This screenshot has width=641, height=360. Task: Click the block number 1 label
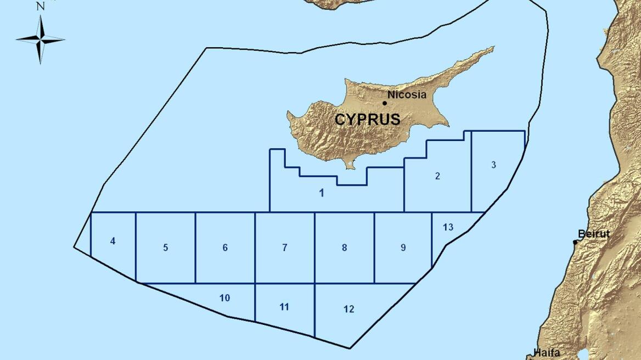(322, 193)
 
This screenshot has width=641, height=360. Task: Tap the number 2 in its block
(437, 176)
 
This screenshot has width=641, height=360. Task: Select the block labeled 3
(493, 165)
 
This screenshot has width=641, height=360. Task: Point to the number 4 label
(113, 241)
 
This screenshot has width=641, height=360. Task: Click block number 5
(165, 248)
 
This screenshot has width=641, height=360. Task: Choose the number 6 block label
(225, 248)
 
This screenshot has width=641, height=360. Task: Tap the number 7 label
(284, 248)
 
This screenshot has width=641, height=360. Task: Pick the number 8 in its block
(344, 248)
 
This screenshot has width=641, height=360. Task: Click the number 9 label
(403, 248)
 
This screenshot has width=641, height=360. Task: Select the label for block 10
(224, 298)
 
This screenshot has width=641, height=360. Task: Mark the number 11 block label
(284, 307)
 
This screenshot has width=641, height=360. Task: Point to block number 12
(348, 309)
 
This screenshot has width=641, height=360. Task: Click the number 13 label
(448, 227)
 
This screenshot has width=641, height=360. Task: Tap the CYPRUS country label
(367, 119)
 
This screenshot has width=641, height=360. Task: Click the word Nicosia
(407, 94)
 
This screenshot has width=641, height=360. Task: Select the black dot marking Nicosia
(384, 103)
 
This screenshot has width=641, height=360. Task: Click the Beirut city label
(594, 234)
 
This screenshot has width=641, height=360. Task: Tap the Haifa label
(547, 353)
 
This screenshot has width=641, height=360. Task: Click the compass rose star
(41, 39)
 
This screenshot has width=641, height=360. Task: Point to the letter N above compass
(40, 7)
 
